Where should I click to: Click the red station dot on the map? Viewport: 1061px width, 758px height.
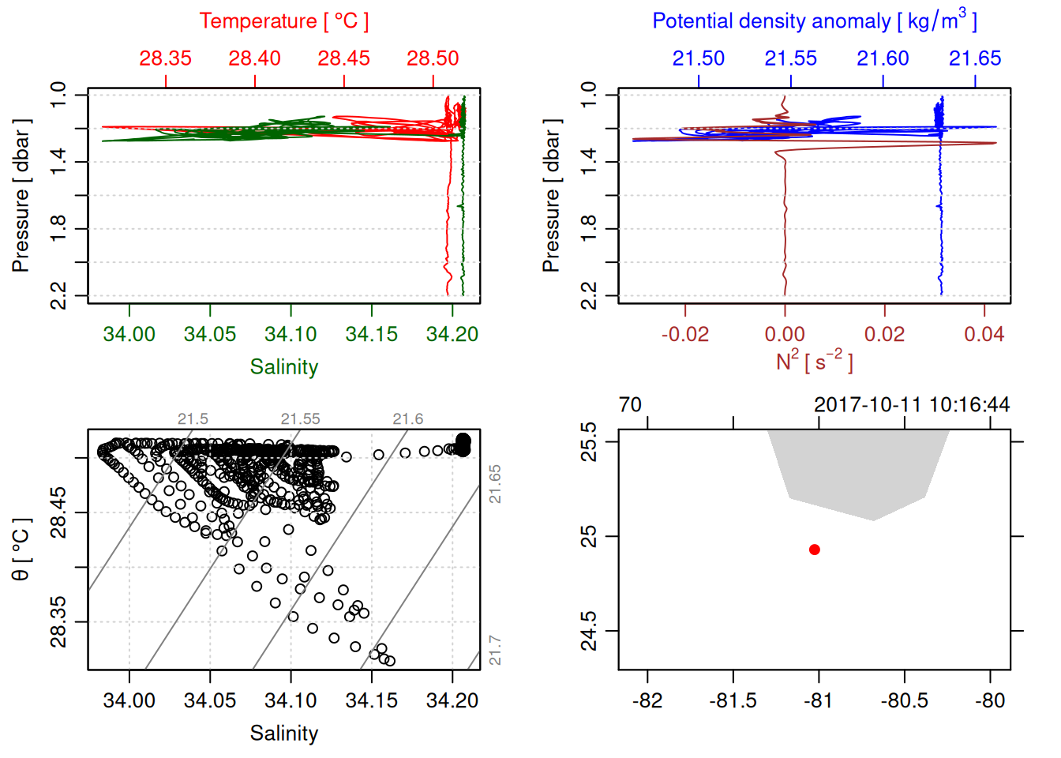pos(814,550)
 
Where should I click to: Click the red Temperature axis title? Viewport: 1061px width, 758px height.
pos(283,21)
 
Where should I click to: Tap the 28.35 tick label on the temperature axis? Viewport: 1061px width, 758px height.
pos(166,58)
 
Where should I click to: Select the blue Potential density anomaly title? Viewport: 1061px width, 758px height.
pos(814,21)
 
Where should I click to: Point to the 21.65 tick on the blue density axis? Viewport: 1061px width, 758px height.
pos(975,58)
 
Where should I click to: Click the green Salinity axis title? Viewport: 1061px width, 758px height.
pos(283,367)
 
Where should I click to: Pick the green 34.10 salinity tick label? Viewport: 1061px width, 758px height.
pos(291,335)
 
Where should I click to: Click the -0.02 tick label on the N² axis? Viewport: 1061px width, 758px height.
pos(684,335)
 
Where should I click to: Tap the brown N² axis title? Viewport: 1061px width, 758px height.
pos(814,362)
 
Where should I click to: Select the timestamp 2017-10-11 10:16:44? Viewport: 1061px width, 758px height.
pos(912,405)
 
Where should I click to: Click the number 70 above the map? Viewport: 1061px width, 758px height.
pos(630,405)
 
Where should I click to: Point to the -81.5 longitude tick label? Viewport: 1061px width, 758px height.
pos(733,701)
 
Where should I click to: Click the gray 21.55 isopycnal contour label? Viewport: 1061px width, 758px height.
pos(300,419)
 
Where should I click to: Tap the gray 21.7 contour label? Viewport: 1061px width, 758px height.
pos(495,651)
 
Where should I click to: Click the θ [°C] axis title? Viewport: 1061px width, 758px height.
pos(21,550)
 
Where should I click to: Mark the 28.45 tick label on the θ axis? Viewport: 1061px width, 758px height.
pos(59,513)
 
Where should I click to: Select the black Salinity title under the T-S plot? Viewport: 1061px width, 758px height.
pos(283,734)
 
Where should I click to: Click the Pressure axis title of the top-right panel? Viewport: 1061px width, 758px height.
pos(552,196)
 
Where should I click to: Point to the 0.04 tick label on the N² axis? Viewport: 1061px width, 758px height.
pos(984,335)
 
